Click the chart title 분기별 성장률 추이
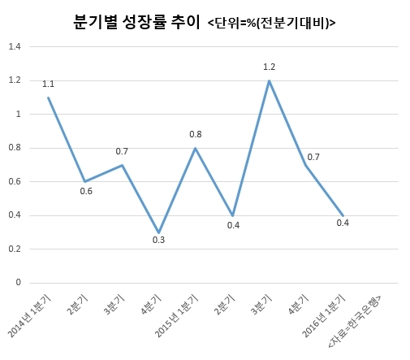136,22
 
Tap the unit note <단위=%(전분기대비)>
271,24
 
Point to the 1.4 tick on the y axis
15,46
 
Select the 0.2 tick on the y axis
15,249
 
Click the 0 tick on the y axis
18,283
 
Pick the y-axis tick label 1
19,114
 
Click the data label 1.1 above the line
48,85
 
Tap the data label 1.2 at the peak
270,67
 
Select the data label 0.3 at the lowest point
158,240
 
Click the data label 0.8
196,134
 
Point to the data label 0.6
86,192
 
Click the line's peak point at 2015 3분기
269,80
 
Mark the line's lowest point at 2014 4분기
159,232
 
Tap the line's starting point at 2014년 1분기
48,98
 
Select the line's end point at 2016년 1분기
343,215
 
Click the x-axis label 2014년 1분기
29,316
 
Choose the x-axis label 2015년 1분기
176,316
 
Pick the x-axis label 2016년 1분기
324,316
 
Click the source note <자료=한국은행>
355,322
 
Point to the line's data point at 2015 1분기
196,148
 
